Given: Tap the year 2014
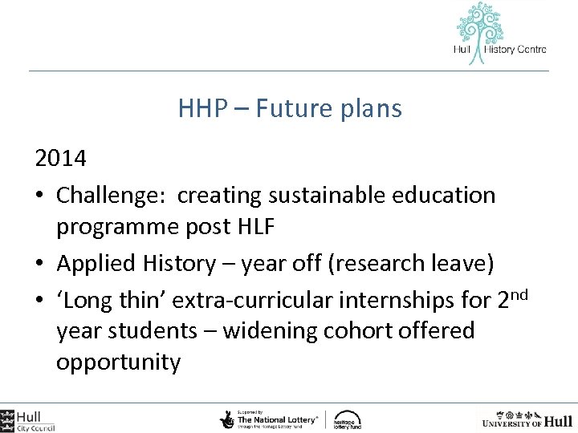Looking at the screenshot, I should coord(61,158).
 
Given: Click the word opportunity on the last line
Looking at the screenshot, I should coord(118,362).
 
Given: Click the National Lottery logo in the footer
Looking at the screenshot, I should coord(269,419).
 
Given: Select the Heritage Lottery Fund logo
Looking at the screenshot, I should coord(347,419).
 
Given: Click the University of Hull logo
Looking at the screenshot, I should coord(526,419).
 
